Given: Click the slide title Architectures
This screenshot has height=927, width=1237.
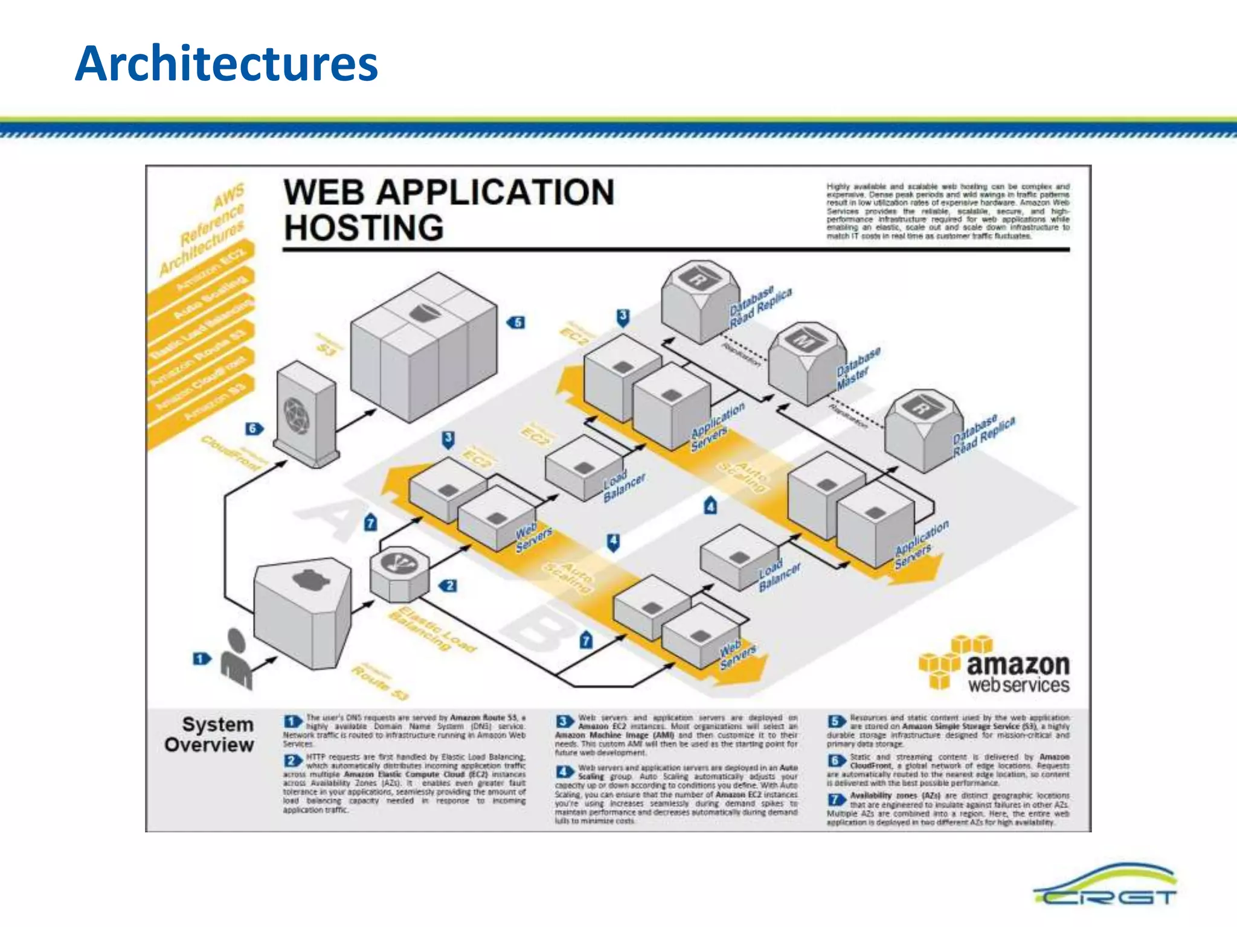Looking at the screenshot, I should point(227,64).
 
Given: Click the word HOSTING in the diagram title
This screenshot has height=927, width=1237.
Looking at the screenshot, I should point(364,228).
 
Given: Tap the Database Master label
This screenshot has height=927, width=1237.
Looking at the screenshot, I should point(858,368).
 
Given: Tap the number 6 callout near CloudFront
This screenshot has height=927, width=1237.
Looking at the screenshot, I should point(254,428).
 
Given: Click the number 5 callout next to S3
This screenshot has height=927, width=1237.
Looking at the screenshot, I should point(517,322).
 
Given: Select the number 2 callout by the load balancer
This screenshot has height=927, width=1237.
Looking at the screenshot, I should point(448,585).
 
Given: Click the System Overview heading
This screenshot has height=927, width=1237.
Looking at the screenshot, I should point(210,734).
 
